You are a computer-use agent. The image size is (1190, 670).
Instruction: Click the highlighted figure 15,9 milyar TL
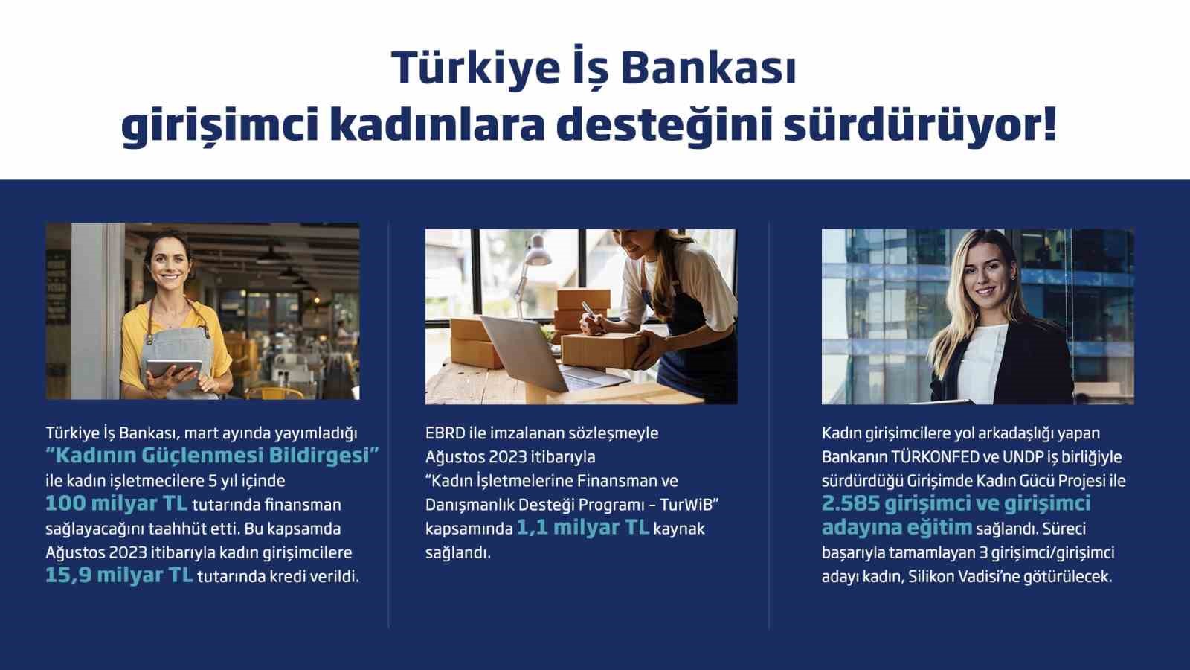coord(118,575)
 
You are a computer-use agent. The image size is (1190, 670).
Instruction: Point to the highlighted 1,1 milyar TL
coord(582,528)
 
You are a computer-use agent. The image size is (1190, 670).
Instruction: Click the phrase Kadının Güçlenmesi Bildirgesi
coord(213,456)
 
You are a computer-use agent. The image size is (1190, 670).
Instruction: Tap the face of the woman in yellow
coord(171,262)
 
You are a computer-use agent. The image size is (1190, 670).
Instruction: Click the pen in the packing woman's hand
coord(588,312)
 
